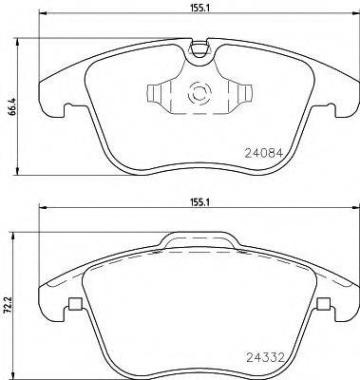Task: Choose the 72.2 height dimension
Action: (9, 301)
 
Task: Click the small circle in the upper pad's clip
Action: (199, 94)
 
